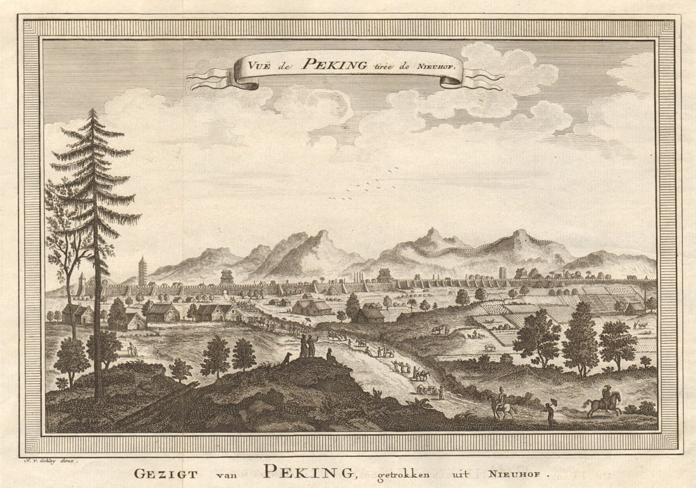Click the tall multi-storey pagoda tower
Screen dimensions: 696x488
(142, 272)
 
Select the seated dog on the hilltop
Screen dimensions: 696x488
(287, 358)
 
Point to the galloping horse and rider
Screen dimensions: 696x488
(604, 401)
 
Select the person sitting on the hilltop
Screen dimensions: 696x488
(329, 355)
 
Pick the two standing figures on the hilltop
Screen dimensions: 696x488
(308, 345)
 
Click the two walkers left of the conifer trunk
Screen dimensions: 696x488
(132, 349)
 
